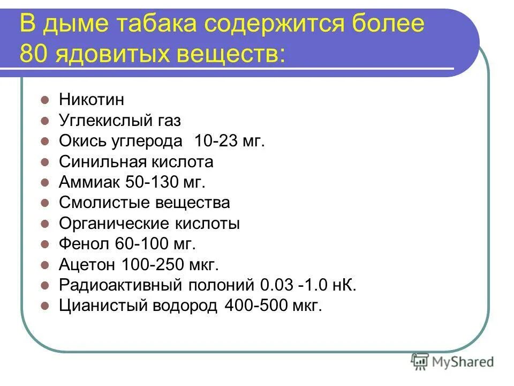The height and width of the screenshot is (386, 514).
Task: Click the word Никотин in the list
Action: tap(92, 100)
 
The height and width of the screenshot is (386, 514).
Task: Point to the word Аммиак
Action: tap(89, 182)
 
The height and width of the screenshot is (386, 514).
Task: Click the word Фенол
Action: tap(84, 244)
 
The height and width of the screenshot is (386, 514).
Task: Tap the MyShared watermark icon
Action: tap(419, 362)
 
